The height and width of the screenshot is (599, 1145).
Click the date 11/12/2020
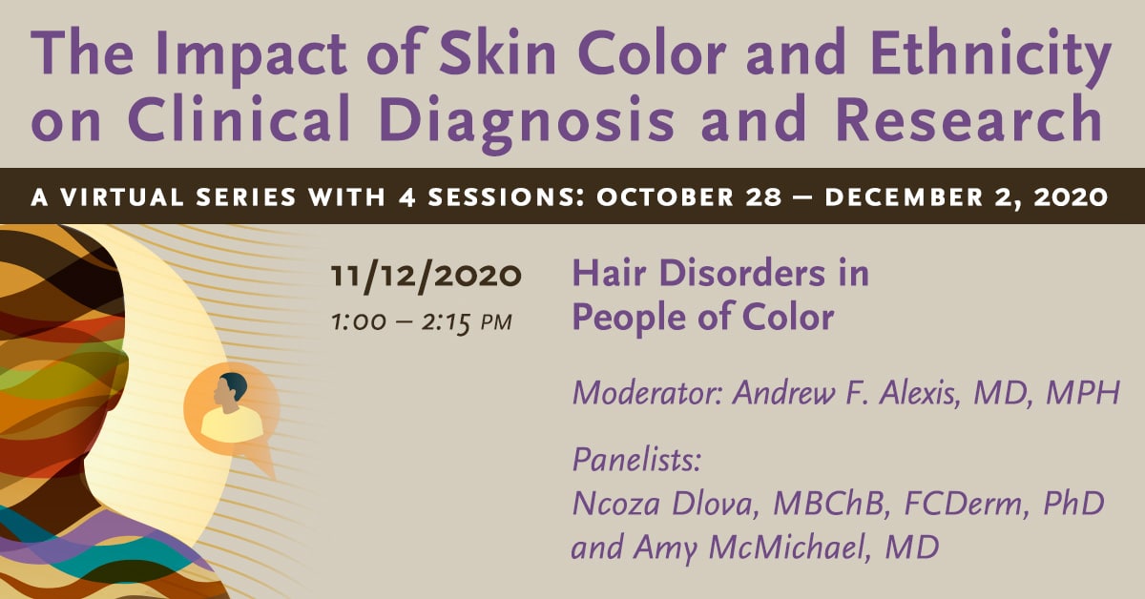tap(427, 276)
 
